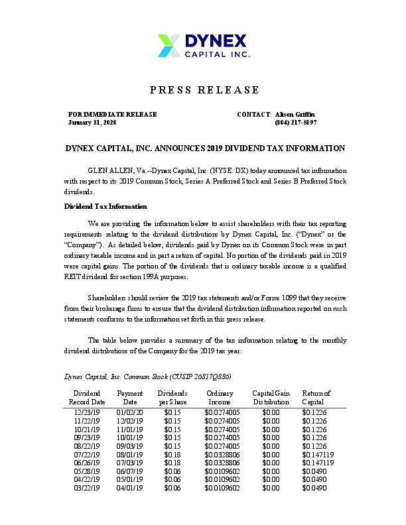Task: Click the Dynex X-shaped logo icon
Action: coord(169,45)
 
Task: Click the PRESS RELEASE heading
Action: coord(204,90)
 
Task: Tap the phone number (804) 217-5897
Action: coord(295,123)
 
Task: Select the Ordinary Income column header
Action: coord(220,398)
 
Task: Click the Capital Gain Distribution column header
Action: coord(271,398)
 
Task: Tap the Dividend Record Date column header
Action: coord(88,398)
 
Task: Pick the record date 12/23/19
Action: coord(87,412)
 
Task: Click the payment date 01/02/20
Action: coord(129,412)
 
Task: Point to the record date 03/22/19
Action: coord(87,487)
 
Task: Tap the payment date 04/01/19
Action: coord(129,487)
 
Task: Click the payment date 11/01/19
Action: coord(129,428)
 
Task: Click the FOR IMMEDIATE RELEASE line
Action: coord(112,114)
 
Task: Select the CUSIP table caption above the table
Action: coord(147,377)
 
